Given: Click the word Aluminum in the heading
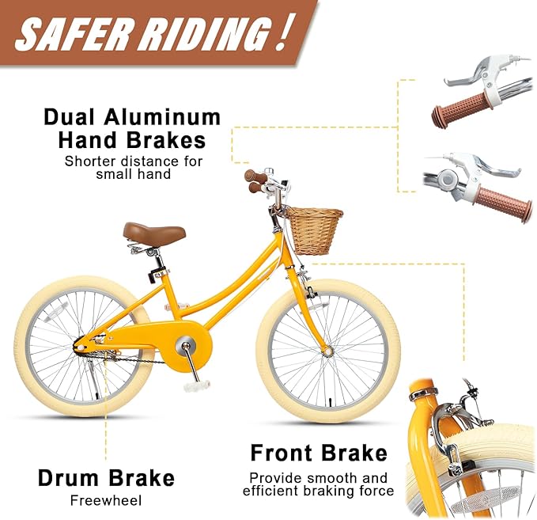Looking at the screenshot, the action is (x=162, y=117).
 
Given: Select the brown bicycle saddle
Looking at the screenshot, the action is (x=154, y=234).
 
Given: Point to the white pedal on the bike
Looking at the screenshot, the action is (x=197, y=386).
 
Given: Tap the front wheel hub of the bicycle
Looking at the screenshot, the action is (x=328, y=351).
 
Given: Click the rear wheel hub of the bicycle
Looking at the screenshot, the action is (x=81, y=347).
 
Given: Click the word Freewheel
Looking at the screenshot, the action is (x=106, y=501).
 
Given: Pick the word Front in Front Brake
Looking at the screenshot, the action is (x=282, y=453).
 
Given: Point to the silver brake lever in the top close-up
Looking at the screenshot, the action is (x=469, y=74).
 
